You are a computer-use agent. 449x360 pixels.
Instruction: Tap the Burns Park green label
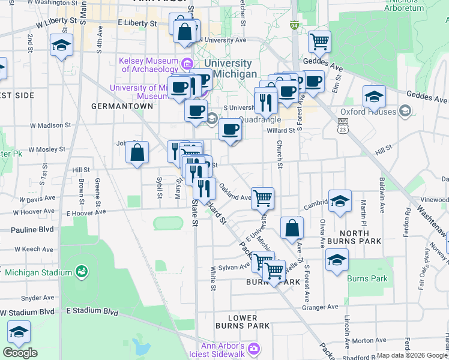coord(367,278)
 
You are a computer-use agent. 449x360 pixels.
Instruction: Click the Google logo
coord(20,352)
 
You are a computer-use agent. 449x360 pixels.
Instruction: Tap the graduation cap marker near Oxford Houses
coord(374,96)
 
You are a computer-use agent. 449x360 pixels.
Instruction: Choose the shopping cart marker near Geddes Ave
coord(319,41)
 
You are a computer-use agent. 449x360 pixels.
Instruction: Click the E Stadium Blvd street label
coord(92,311)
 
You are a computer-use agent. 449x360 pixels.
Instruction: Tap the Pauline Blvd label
coord(32,229)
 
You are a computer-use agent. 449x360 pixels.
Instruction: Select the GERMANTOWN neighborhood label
coord(122,106)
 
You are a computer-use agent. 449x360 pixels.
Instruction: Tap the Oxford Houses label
coord(369,112)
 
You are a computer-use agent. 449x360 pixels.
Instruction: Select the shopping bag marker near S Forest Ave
coord(292,227)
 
